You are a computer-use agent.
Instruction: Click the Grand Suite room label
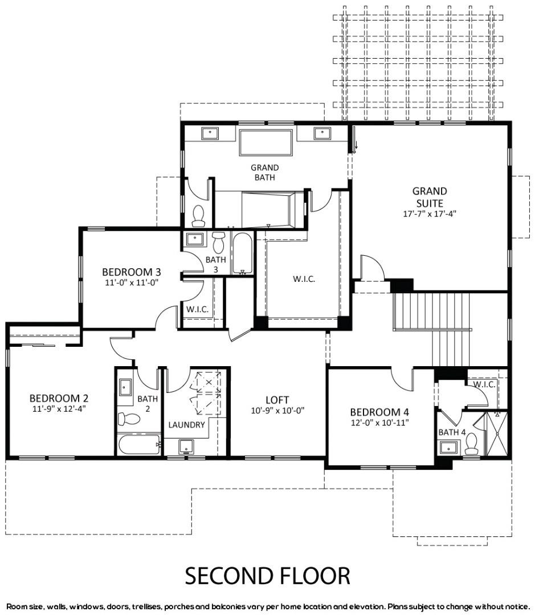click(430, 197)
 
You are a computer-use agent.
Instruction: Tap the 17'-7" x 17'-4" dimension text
click(430, 214)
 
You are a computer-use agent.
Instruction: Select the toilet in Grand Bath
click(199, 216)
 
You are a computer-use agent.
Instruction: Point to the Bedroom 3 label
click(132, 272)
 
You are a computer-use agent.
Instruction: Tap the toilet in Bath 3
click(218, 243)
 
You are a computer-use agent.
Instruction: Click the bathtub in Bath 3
click(243, 254)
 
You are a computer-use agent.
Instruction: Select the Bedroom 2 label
click(59, 398)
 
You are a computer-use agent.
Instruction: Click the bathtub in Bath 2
click(140, 444)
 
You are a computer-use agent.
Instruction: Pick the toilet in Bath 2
click(129, 419)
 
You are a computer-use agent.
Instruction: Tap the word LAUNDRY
click(186, 425)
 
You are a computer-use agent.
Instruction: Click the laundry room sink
click(186, 446)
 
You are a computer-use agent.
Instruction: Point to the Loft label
click(277, 400)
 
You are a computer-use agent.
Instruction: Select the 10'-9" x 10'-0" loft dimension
click(278, 411)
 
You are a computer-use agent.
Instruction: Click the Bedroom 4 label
click(379, 412)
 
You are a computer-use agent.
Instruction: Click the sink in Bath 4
click(448, 447)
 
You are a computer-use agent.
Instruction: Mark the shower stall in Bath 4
click(497, 433)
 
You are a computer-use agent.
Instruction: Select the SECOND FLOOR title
click(267, 576)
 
